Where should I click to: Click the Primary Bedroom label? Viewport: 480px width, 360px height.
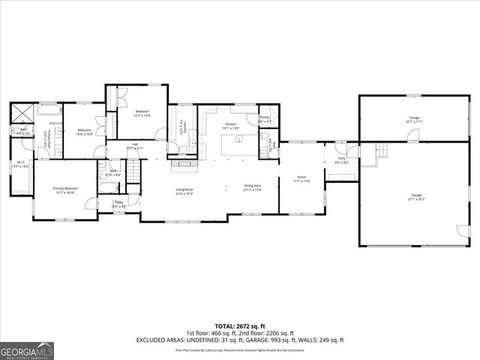pos(65,190)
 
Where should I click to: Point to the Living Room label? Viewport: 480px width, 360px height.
pos(184,191)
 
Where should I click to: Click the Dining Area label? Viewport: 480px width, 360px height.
pos(252,187)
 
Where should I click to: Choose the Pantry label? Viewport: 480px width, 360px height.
pos(265,118)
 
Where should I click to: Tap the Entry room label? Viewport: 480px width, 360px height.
pos(342,160)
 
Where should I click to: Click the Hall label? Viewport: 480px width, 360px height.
pos(135,146)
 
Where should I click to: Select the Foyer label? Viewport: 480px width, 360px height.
pos(119,204)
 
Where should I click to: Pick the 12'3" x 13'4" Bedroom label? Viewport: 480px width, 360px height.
pos(142,114)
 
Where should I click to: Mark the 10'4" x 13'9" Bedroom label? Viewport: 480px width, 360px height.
pos(84,131)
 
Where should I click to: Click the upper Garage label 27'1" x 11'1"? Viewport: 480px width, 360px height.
pos(414,120)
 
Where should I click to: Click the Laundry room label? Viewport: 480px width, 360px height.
pos(181,132)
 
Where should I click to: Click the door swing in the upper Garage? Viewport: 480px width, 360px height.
pos(412,135)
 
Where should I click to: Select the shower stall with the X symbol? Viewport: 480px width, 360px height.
pos(22,113)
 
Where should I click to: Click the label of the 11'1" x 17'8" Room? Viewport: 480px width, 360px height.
pos(300,178)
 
